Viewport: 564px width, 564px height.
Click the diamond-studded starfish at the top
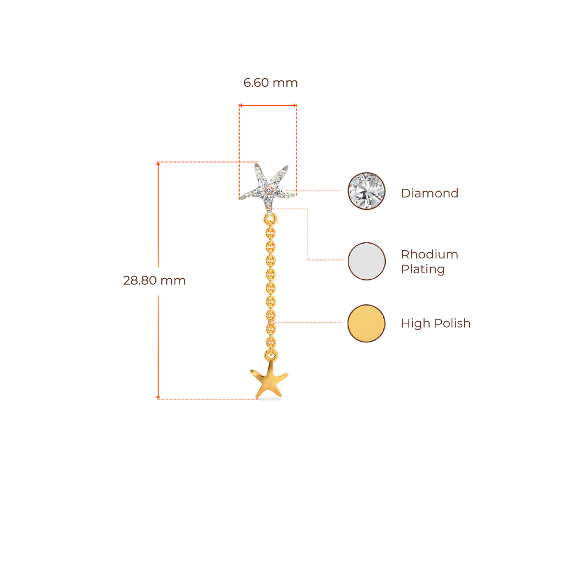tap(268, 186)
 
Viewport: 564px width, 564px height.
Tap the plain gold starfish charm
tap(269, 381)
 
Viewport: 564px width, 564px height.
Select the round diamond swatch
tap(367, 191)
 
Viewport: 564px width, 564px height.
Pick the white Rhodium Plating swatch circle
tap(367, 261)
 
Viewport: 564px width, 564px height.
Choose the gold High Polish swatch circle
tap(366, 323)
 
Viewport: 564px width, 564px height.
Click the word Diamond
tap(429, 193)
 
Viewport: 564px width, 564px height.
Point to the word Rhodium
tap(429, 254)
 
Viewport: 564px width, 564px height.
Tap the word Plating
tap(422, 269)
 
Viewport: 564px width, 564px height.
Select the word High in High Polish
tap(415, 323)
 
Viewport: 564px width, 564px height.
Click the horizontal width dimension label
tap(270, 83)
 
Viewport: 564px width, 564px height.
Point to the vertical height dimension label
tap(154, 280)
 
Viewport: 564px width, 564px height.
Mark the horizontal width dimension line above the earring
tap(267, 104)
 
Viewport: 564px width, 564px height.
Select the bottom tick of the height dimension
tap(158, 397)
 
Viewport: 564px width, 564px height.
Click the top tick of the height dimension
tap(158, 162)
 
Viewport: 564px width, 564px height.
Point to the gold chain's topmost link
tap(270, 219)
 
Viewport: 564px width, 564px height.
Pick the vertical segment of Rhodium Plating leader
tap(307, 234)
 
